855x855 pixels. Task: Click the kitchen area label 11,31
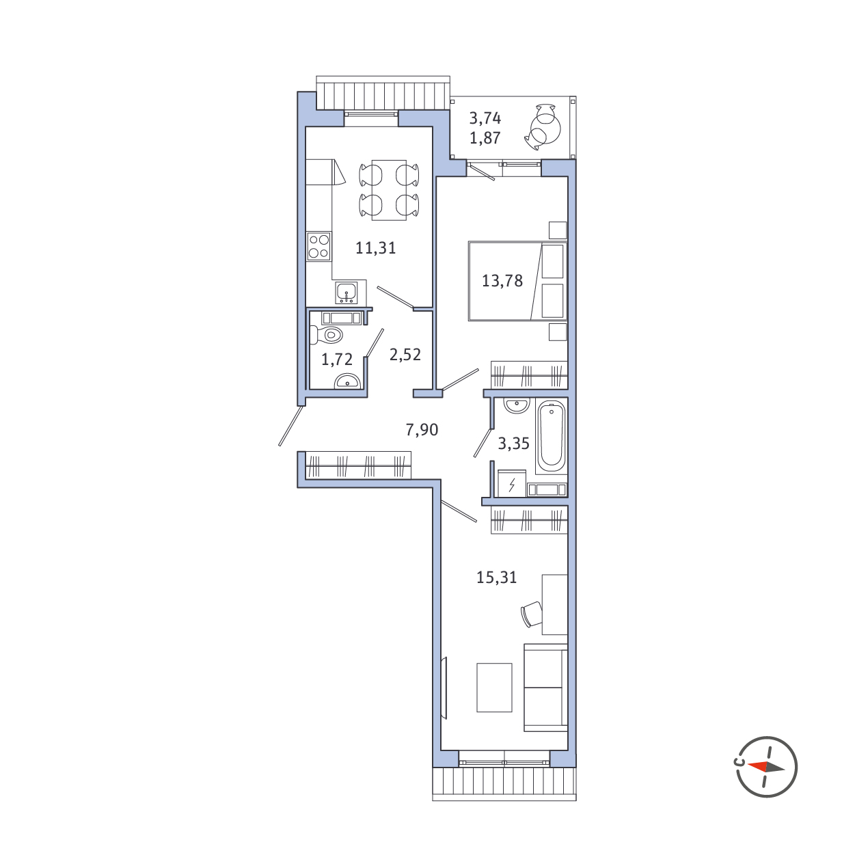pos(375,247)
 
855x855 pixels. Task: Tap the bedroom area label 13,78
pos(502,281)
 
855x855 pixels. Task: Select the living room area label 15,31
pos(496,578)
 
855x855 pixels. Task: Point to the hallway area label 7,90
pos(422,429)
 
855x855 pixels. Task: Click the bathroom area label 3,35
pos(513,444)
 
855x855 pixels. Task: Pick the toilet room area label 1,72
pos(337,359)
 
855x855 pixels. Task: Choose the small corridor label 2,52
pos(405,355)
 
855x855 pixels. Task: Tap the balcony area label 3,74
pos(485,118)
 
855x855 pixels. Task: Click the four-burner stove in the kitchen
pos(318,246)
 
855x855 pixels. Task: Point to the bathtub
pos(552,437)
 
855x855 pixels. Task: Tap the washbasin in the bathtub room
pos(517,405)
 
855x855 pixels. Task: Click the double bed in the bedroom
pos(518,281)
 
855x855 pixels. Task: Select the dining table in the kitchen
pos(389,190)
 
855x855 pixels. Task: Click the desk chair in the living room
pos(532,614)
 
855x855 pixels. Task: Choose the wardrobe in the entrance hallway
pos(359,465)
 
